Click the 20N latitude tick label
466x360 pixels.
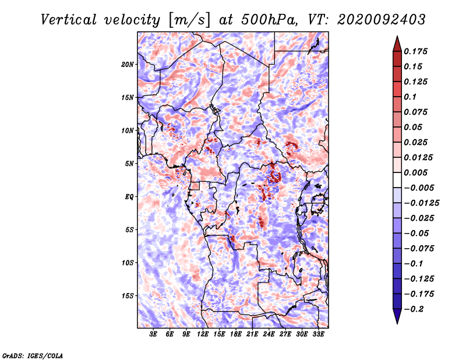tap(128, 64)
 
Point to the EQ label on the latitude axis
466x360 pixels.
tap(129, 197)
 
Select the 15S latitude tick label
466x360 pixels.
tap(128, 296)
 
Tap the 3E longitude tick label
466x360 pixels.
tap(153, 334)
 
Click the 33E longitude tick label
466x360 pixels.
tap(318, 334)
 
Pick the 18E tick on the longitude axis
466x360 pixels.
tap(236, 334)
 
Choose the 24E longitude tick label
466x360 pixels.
tap(269, 334)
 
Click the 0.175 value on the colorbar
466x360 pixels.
tap(415, 51)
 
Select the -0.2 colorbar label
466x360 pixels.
tap(414, 309)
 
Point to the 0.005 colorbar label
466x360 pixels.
tap(415, 172)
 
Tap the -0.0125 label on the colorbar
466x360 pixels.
tap(421, 203)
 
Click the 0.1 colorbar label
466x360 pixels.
tap(410, 97)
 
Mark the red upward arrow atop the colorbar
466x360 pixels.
tap(397, 44)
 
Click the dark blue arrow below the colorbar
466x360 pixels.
tap(397, 316)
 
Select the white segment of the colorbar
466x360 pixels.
tap(397, 180)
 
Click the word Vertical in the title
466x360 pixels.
tap(69, 20)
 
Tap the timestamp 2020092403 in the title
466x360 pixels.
tap(382, 20)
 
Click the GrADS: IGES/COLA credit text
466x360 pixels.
tap(33, 355)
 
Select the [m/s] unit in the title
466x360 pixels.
tap(189, 20)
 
